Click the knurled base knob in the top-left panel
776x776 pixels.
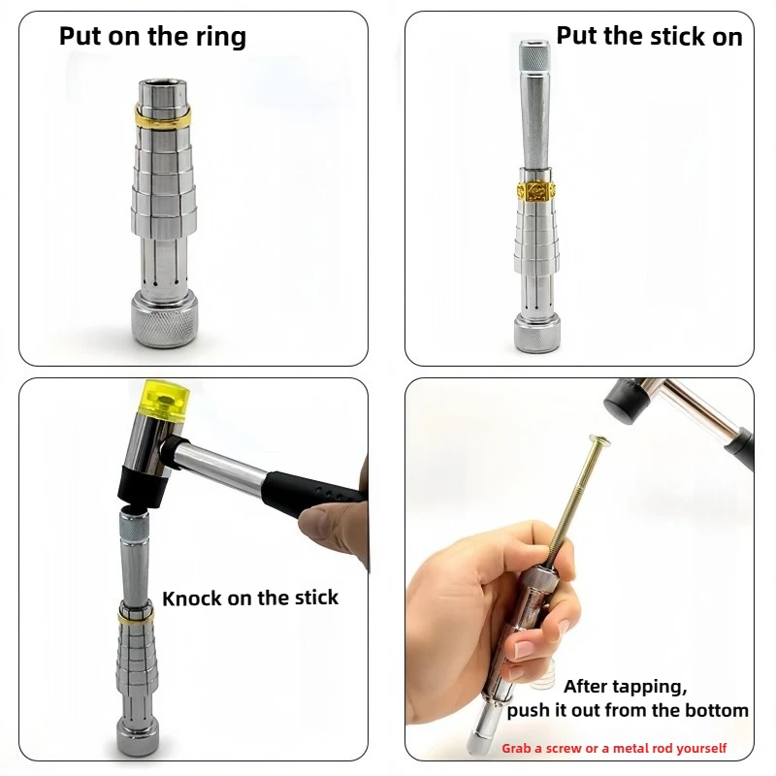tap(164, 318)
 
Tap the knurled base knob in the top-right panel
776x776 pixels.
tap(537, 334)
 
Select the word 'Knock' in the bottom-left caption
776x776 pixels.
tap(191, 598)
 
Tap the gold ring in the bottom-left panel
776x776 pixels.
tap(136, 615)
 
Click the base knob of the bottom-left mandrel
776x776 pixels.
tap(138, 734)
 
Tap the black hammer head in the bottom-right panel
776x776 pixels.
tap(625, 401)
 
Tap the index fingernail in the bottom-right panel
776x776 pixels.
tap(526, 647)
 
